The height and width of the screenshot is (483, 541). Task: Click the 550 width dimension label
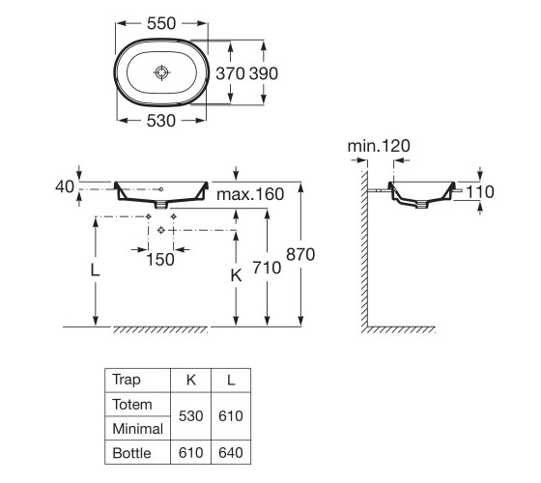click(x=161, y=23)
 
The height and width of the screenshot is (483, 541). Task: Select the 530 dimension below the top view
click(x=161, y=121)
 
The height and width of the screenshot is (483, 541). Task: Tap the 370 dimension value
click(x=231, y=73)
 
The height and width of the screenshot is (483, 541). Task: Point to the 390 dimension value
click(x=264, y=73)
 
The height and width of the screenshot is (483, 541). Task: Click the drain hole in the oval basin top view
click(x=161, y=72)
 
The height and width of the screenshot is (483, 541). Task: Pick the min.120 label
click(x=379, y=146)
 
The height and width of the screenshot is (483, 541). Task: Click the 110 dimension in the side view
click(x=480, y=192)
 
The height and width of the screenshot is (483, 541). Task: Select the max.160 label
click(x=250, y=194)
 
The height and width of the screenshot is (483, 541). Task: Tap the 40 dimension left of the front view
click(x=65, y=186)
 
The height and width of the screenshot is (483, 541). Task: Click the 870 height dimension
click(x=300, y=255)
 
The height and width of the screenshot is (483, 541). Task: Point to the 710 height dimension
click(x=267, y=268)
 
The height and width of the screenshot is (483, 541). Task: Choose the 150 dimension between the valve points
click(x=160, y=260)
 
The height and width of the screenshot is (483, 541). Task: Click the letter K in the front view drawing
click(x=237, y=275)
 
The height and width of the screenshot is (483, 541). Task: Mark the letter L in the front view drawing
click(x=95, y=270)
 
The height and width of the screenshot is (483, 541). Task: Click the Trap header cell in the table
click(x=127, y=380)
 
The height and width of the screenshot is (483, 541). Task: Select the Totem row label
click(x=132, y=405)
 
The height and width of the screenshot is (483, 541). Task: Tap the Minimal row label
click(x=137, y=429)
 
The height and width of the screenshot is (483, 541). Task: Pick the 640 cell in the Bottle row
click(x=231, y=453)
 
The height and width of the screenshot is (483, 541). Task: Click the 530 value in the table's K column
click(x=191, y=416)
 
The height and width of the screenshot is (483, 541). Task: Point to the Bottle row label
click(x=131, y=453)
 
